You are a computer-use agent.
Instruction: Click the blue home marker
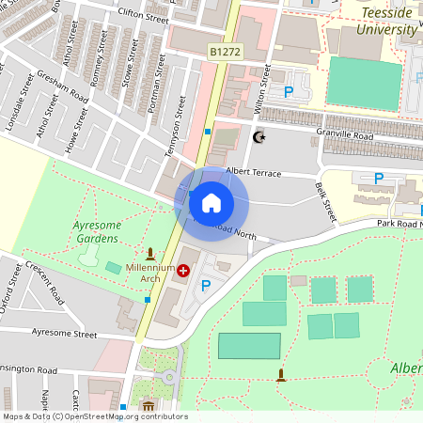tap(211, 202)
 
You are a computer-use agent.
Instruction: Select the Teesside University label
tap(387, 21)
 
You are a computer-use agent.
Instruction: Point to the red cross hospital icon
tap(182, 270)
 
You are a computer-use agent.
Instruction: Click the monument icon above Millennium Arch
tap(149, 253)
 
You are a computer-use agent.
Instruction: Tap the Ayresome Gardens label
tap(97, 232)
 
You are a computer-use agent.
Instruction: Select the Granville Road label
tap(346, 135)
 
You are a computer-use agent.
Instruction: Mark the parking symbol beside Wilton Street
tap(289, 92)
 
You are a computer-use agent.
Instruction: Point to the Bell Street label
tap(326, 200)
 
